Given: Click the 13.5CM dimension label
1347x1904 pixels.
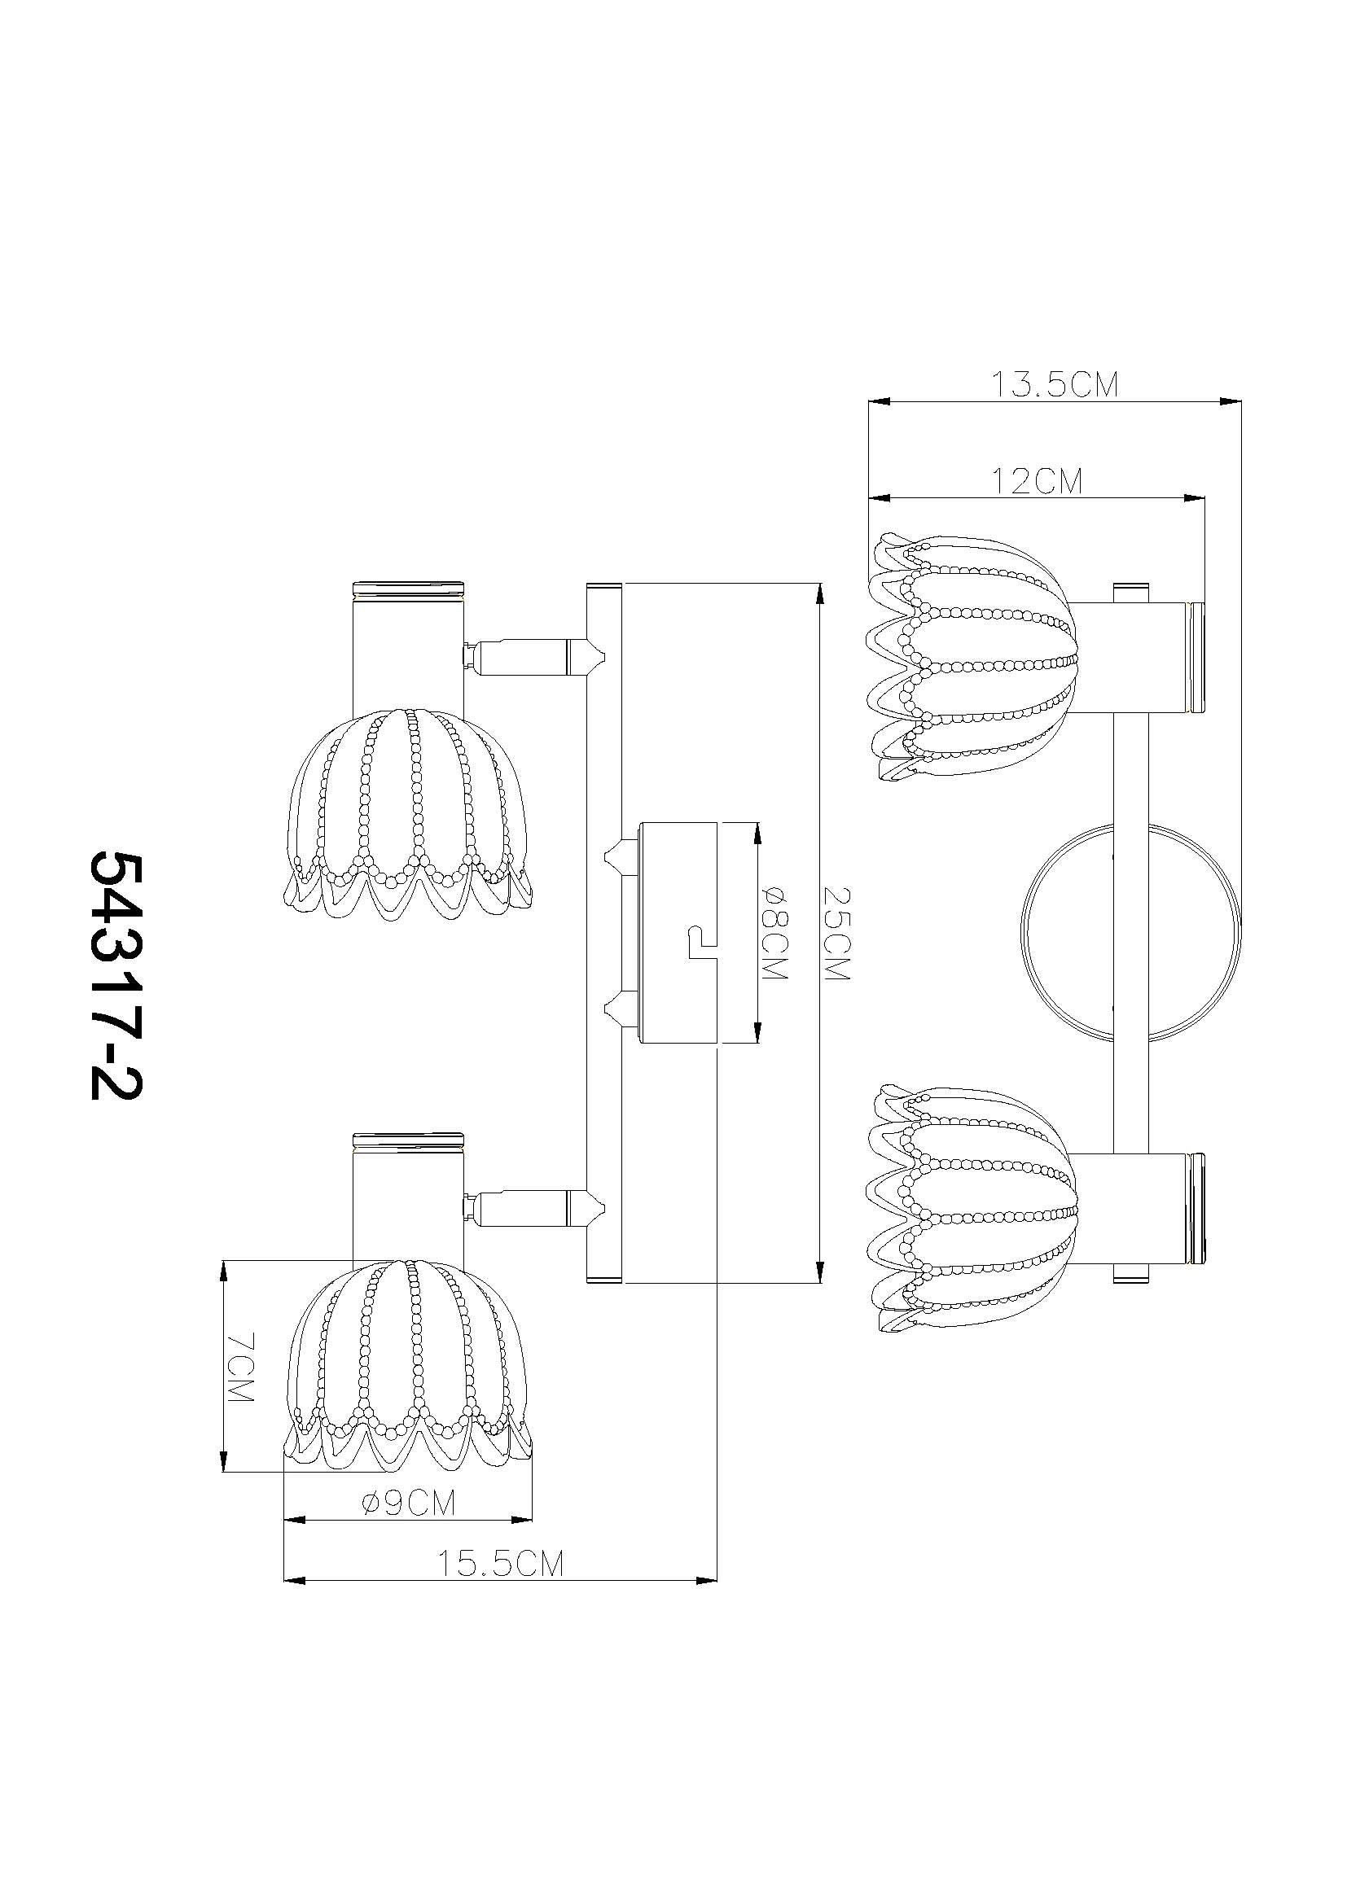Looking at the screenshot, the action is click(x=1055, y=385).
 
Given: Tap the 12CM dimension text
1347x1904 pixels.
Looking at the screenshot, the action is click(x=1037, y=481).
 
